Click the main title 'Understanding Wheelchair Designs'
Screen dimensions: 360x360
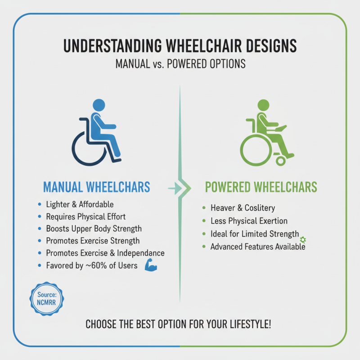click(x=180, y=46)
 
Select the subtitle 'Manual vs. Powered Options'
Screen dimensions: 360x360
click(x=180, y=63)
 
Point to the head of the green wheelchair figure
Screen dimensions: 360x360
click(x=262, y=105)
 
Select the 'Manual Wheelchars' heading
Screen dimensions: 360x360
click(x=96, y=187)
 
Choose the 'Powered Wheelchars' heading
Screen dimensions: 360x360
click(x=261, y=187)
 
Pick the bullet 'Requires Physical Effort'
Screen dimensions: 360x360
click(x=85, y=216)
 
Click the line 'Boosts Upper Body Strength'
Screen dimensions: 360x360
click(x=94, y=229)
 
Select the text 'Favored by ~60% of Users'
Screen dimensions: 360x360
click(x=91, y=265)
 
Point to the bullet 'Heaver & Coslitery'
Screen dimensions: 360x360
click(x=243, y=208)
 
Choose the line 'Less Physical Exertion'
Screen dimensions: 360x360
click(x=249, y=221)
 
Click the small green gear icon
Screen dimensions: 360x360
click(x=303, y=239)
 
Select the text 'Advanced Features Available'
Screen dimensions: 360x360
click(x=257, y=247)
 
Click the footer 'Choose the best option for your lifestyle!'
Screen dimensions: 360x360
click(x=180, y=324)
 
